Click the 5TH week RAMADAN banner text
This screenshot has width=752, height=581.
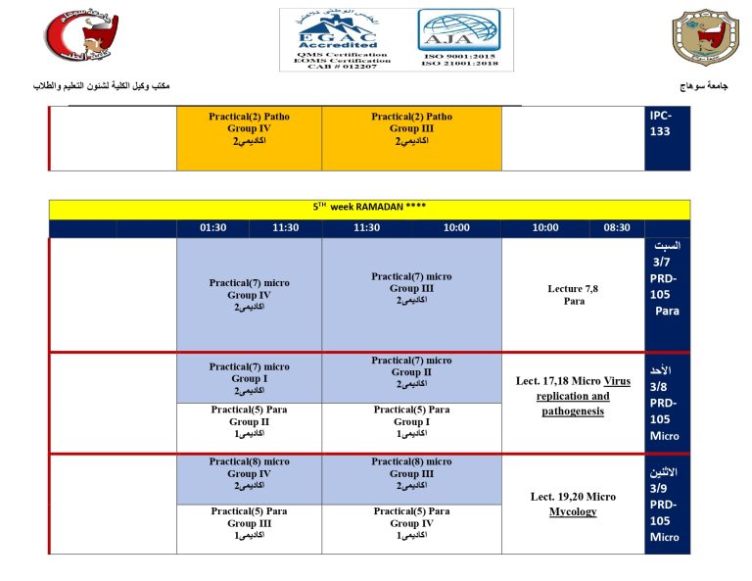point(369,208)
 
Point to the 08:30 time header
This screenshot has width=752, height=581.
point(616,228)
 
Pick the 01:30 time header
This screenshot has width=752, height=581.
point(212,228)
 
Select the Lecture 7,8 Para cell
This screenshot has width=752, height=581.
point(573,295)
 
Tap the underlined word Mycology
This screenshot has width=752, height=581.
point(573,511)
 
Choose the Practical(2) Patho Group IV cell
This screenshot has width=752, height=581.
point(249,128)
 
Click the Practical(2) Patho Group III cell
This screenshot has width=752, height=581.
point(411,128)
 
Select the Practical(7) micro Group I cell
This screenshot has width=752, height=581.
point(249,378)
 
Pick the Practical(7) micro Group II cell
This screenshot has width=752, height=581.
point(411,372)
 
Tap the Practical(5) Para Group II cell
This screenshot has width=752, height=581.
point(249,421)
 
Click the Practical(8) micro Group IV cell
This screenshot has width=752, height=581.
point(249,473)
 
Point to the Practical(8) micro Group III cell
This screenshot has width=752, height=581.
point(411,473)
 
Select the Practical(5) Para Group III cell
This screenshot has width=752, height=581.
point(249,523)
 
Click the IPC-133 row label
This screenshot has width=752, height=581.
point(661,122)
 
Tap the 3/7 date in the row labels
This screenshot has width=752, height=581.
point(666,262)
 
